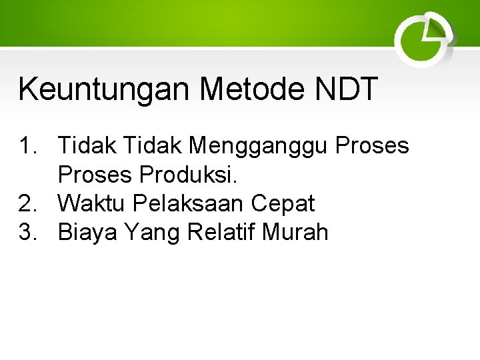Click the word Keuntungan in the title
coord(104,89)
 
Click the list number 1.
coord(29,145)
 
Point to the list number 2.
coord(29,203)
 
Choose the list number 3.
coord(29,232)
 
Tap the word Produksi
coord(189,175)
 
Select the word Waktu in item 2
coord(91,203)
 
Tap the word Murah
coord(296,232)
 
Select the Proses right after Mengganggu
coord(372,145)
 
